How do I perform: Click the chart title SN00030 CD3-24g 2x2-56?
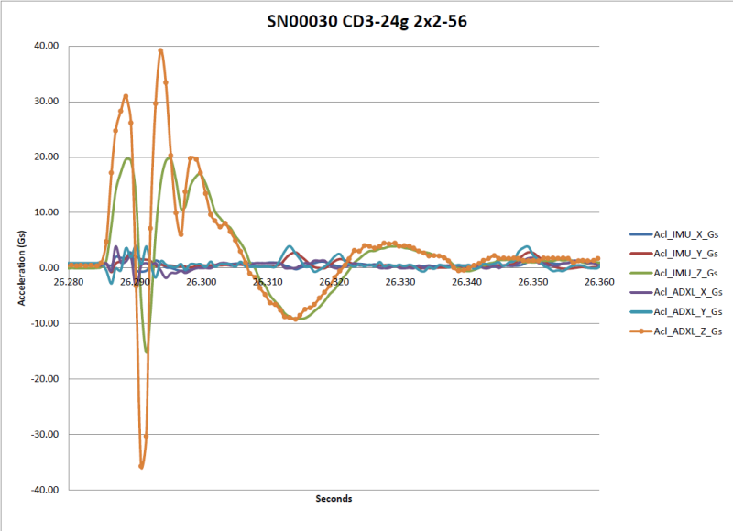[x=366, y=22]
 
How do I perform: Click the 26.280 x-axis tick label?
[x=69, y=283]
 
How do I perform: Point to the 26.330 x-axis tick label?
[x=399, y=283]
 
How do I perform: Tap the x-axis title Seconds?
[x=334, y=499]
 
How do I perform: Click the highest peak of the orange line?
[x=161, y=50]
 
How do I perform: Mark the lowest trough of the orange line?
[x=141, y=466]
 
